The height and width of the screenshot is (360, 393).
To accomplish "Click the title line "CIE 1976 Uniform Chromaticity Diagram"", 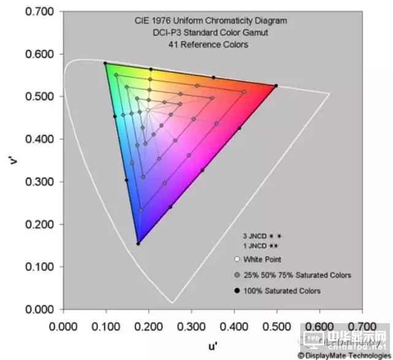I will tap(211, 21).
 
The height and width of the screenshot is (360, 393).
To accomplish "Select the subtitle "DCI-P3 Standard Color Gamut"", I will tap(211, 33).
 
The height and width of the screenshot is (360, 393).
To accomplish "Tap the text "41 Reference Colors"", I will tap(211, 45).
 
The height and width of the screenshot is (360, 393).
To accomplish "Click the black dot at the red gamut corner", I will tap(276, 86).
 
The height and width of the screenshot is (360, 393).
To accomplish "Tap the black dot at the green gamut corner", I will tap(106, 63).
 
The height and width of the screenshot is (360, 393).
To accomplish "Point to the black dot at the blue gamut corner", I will tap(138, 243).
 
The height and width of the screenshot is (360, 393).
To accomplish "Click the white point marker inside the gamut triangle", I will tap(148, 110).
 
